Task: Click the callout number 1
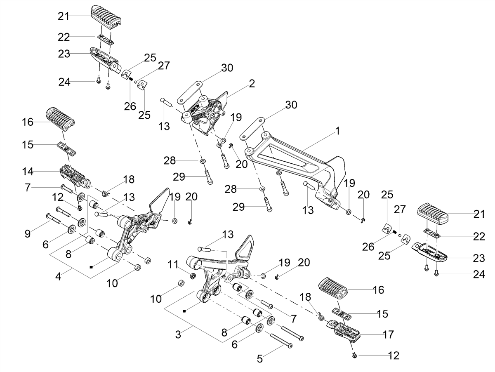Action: [337, 131]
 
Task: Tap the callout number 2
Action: [252, 84]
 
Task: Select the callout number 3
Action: [178, 334]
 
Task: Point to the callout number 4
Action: [59, 276]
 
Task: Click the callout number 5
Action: [260, 359]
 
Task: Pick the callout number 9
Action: [28, 234]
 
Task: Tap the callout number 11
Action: [173, 264]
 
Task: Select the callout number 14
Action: [28, 172]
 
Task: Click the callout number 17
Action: [388, 334]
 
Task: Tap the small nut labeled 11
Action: [193, 275]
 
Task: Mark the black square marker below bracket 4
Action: [91, 267]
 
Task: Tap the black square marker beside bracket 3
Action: [184, 311]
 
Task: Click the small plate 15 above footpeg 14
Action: [66, 148]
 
